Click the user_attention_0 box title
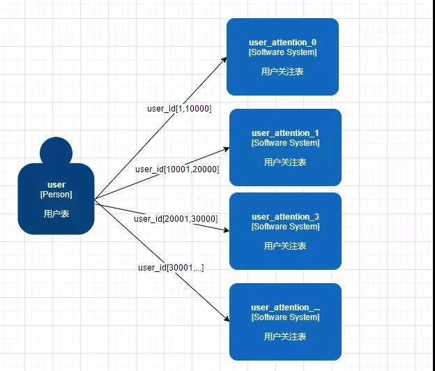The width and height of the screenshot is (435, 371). point(282,43)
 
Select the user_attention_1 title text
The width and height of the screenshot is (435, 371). point(285,133)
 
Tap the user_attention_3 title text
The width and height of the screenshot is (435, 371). point(285,217)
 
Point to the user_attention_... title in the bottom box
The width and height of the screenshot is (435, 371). point(285,308)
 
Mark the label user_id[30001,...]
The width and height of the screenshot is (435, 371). point(171,267)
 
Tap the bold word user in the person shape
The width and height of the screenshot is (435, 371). point(56,185)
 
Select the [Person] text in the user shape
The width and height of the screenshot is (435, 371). point(56,195)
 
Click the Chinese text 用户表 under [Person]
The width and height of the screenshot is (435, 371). point(56,214)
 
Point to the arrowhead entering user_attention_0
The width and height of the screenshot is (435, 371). point(224,59)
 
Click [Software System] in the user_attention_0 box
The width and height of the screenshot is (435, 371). point(282,52)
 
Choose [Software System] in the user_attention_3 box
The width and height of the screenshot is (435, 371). point(285,227)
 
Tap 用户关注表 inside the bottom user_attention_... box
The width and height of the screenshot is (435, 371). point(285,337)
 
